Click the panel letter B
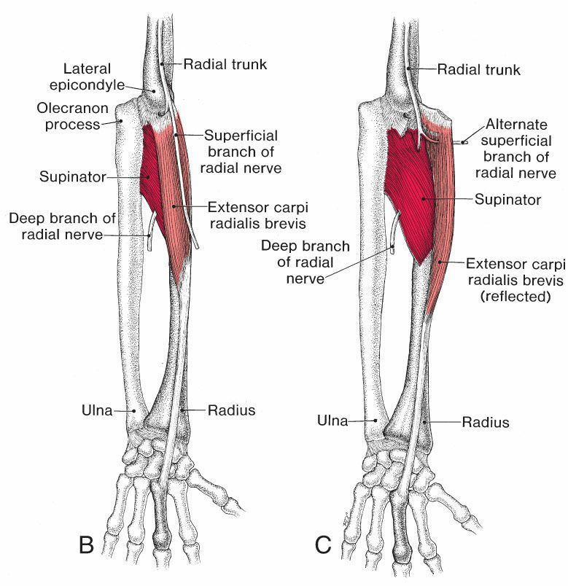(x=86, y=544)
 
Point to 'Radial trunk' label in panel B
(x=225, y=64)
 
